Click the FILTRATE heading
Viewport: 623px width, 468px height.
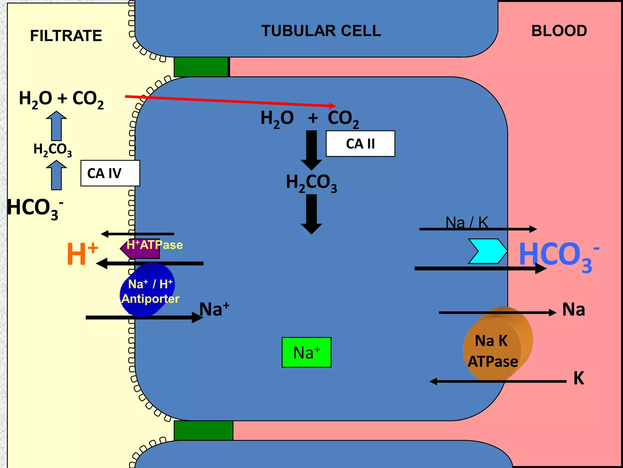[x=66, y=36]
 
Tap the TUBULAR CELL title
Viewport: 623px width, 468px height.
[x=321, y=31]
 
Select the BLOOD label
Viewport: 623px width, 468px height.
[x=559, y=31]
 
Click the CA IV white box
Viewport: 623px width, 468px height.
[x=110, y=173]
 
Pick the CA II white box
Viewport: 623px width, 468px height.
[x=360, y=144]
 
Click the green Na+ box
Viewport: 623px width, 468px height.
[x=306, y=352]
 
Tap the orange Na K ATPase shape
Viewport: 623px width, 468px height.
[x=497, y=344]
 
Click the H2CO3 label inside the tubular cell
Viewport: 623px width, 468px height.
[x=311, y=183]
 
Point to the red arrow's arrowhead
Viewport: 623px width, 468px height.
[x=333, y=106]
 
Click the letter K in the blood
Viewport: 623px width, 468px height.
[x=578, y=378]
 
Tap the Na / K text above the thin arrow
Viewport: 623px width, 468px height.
[x=467, y=222]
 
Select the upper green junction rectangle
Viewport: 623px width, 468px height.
[x=201, y=67]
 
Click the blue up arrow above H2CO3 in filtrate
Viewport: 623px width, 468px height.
[x=56, y=126]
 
